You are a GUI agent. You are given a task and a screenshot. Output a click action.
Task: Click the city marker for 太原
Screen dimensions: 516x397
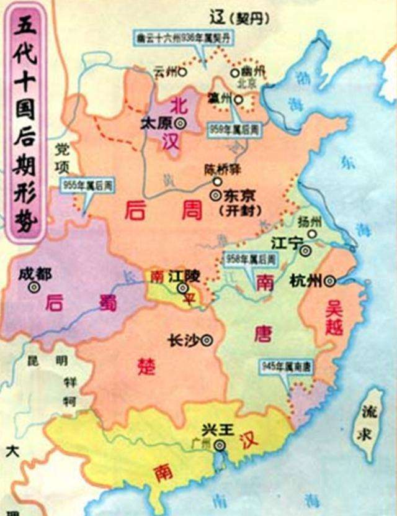180,122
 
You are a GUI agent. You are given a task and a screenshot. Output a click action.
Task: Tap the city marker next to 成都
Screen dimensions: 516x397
34,287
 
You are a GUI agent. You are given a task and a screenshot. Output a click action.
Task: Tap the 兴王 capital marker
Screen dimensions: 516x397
218,445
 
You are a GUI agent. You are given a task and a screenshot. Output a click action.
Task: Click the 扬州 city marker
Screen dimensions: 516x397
313,235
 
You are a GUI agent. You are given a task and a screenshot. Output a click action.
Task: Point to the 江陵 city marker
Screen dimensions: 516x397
182,288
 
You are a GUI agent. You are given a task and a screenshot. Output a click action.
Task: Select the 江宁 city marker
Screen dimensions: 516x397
305,250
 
